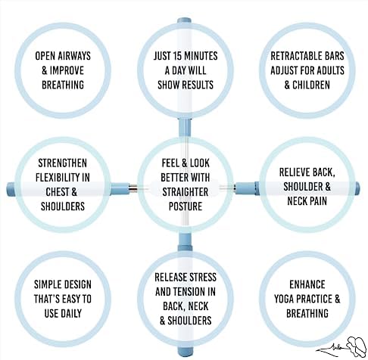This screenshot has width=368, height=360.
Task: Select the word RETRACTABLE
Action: (x=292, y=56)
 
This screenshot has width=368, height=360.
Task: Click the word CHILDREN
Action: (x=311, y=85)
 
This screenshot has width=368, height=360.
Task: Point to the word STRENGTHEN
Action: (x=63, y=163)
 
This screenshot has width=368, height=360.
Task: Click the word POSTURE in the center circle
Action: (x=186, y=206)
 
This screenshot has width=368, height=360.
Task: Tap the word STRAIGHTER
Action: (x=186, y=192)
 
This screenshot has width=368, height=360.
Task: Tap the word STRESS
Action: (x=203, y=278)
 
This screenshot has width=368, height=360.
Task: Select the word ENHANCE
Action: (x=307, y=284)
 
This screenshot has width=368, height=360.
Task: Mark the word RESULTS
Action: (x=198, y=85)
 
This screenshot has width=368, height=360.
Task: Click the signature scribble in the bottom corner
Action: (x=342, y=347)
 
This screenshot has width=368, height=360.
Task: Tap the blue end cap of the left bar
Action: (x=11, y=189)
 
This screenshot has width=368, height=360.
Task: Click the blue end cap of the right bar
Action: (x=357, y=188)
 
